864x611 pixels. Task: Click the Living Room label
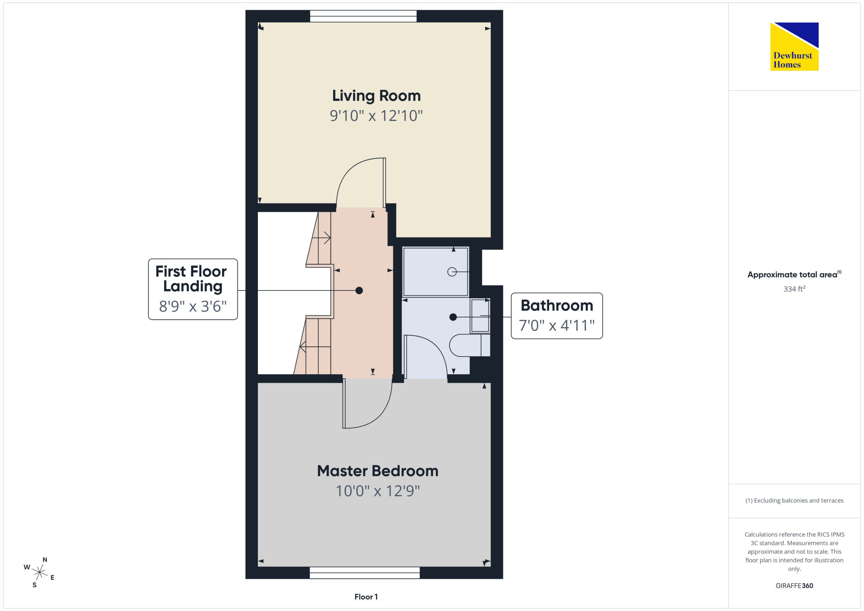pos(376,96)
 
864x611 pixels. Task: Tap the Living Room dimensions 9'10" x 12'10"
pos(376,116)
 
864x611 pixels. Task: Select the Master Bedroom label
pos(378,471)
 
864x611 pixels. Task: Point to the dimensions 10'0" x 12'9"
pos(378,491)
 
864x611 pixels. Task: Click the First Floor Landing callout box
pos(193,289)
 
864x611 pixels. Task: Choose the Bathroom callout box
pos(557,316)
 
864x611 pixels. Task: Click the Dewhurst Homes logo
pos(794,47)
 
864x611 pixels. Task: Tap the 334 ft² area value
pos(794,289)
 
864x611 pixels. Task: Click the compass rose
pos(40,573)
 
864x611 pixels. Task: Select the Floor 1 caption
pos(366,597)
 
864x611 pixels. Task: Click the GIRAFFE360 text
pos(794,586)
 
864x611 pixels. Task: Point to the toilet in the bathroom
pos(470,345)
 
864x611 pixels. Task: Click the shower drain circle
pos(452,272)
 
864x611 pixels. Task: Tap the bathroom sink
pos(480,316)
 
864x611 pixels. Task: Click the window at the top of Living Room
pos(363,16)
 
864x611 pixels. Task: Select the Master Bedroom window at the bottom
pos(365,573)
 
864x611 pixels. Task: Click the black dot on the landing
pos(359,290)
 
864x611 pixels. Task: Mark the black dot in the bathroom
pos(453,317)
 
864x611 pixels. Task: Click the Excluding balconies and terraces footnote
pos(794,500)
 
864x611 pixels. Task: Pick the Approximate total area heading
pos(794,274)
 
